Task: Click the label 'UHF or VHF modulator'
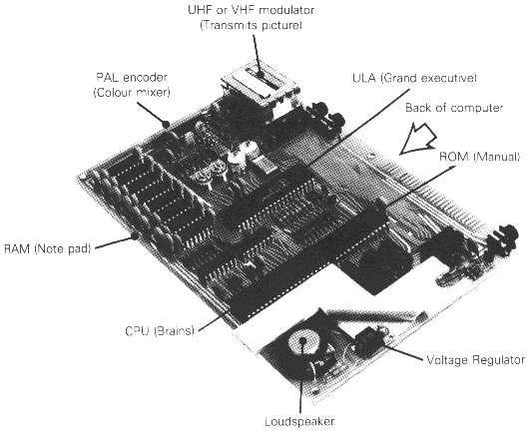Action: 252,10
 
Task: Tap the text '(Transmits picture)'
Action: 252,25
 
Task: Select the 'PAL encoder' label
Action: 132,78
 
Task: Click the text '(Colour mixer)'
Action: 132,93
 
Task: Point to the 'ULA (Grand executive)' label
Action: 414,78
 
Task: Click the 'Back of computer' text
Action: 454,108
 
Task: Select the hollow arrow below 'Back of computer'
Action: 418,140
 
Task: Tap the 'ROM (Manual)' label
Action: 480,157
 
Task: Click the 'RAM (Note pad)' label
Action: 48,248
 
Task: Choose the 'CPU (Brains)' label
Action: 160,331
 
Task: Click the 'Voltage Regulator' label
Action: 475,360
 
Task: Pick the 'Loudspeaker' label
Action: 299,421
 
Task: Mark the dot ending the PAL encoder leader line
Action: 166,124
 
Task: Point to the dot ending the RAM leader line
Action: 135,235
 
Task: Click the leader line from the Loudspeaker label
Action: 301,376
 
